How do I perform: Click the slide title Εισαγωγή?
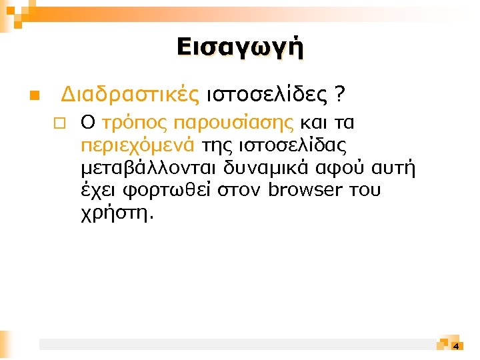coord(240,48)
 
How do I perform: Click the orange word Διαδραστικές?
coord(130,96)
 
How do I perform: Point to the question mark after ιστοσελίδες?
coord(341,96)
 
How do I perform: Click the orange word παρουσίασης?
coord(233,123)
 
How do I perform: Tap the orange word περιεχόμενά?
coord(137,145)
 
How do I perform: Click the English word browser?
coord(307,191)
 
